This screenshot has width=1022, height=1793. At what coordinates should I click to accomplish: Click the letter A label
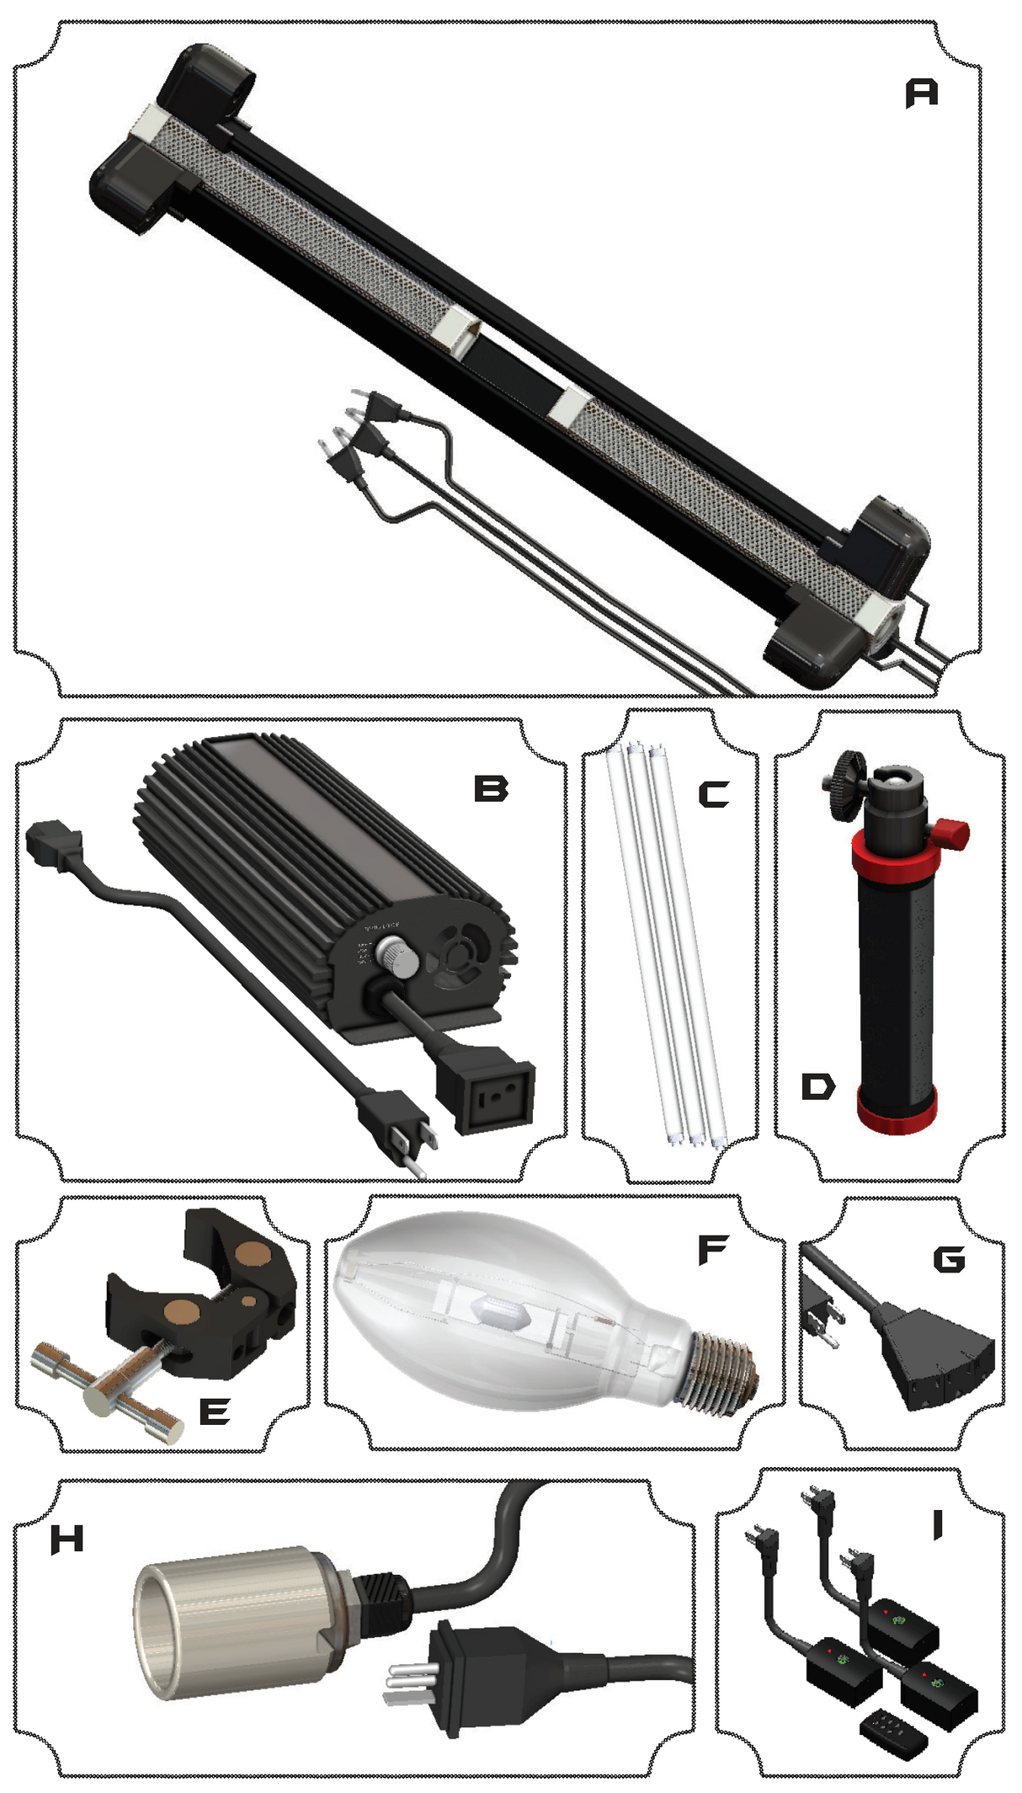click(921, 93)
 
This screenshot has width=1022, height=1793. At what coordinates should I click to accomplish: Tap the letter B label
click(491, 789)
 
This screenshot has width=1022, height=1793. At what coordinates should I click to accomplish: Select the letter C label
click(714, 794)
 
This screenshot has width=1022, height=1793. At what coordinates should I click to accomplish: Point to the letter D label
click(817, 1086)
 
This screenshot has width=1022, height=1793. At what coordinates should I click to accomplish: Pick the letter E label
click(215, 1411)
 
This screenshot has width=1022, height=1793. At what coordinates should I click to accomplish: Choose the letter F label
click(712, 1250)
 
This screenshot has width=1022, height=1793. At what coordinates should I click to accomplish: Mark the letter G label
click(949, 1259)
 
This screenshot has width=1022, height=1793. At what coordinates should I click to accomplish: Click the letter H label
click(67, 1540)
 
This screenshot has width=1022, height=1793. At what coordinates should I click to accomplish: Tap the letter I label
click(938, 1524)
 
